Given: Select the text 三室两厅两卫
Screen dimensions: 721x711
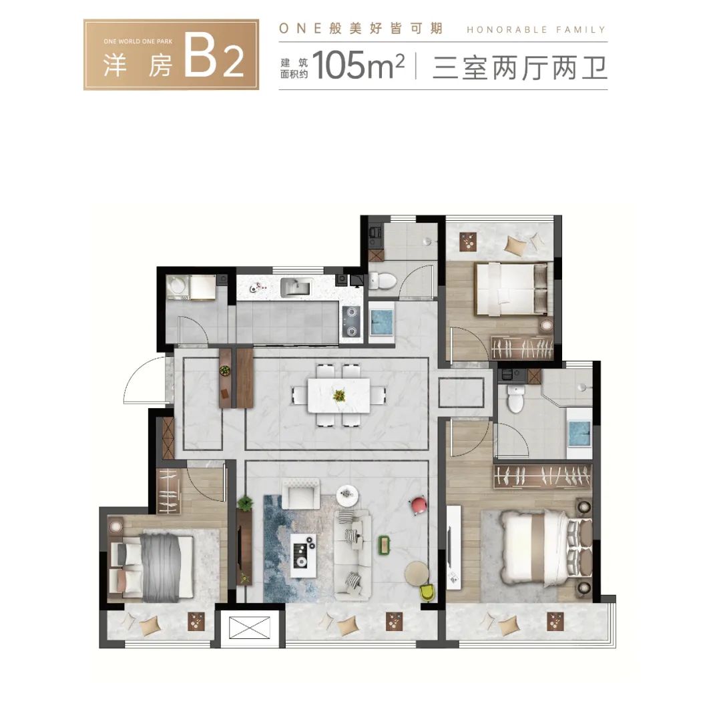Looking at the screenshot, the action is click(x=519, y=67).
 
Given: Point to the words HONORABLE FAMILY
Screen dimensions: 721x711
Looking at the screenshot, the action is click(x=536, y=30).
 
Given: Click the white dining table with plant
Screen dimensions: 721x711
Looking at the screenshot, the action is click(x=339, y=395).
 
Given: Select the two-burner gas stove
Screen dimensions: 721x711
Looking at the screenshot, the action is click(x=352, y=321).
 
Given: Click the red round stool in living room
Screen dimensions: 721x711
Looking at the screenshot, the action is click(x=419, y=505).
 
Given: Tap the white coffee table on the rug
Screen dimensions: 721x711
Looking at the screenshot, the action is click(x=304, y=555).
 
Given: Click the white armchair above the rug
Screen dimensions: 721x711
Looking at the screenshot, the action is click(x=300, y=494).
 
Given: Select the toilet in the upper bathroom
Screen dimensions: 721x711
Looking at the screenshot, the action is click(x=383, y=280).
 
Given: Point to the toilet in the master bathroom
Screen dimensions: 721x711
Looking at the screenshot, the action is click(x=515, y=398).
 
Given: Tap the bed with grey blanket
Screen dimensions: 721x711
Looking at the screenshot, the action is click(x=152, y=566).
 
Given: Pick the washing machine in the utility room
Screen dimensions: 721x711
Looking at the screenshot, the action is click(x=178, y=287).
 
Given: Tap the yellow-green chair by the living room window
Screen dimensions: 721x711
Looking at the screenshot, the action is click(x=427, y=592).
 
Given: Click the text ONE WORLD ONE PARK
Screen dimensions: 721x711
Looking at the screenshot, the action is click(x=138, y=41).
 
